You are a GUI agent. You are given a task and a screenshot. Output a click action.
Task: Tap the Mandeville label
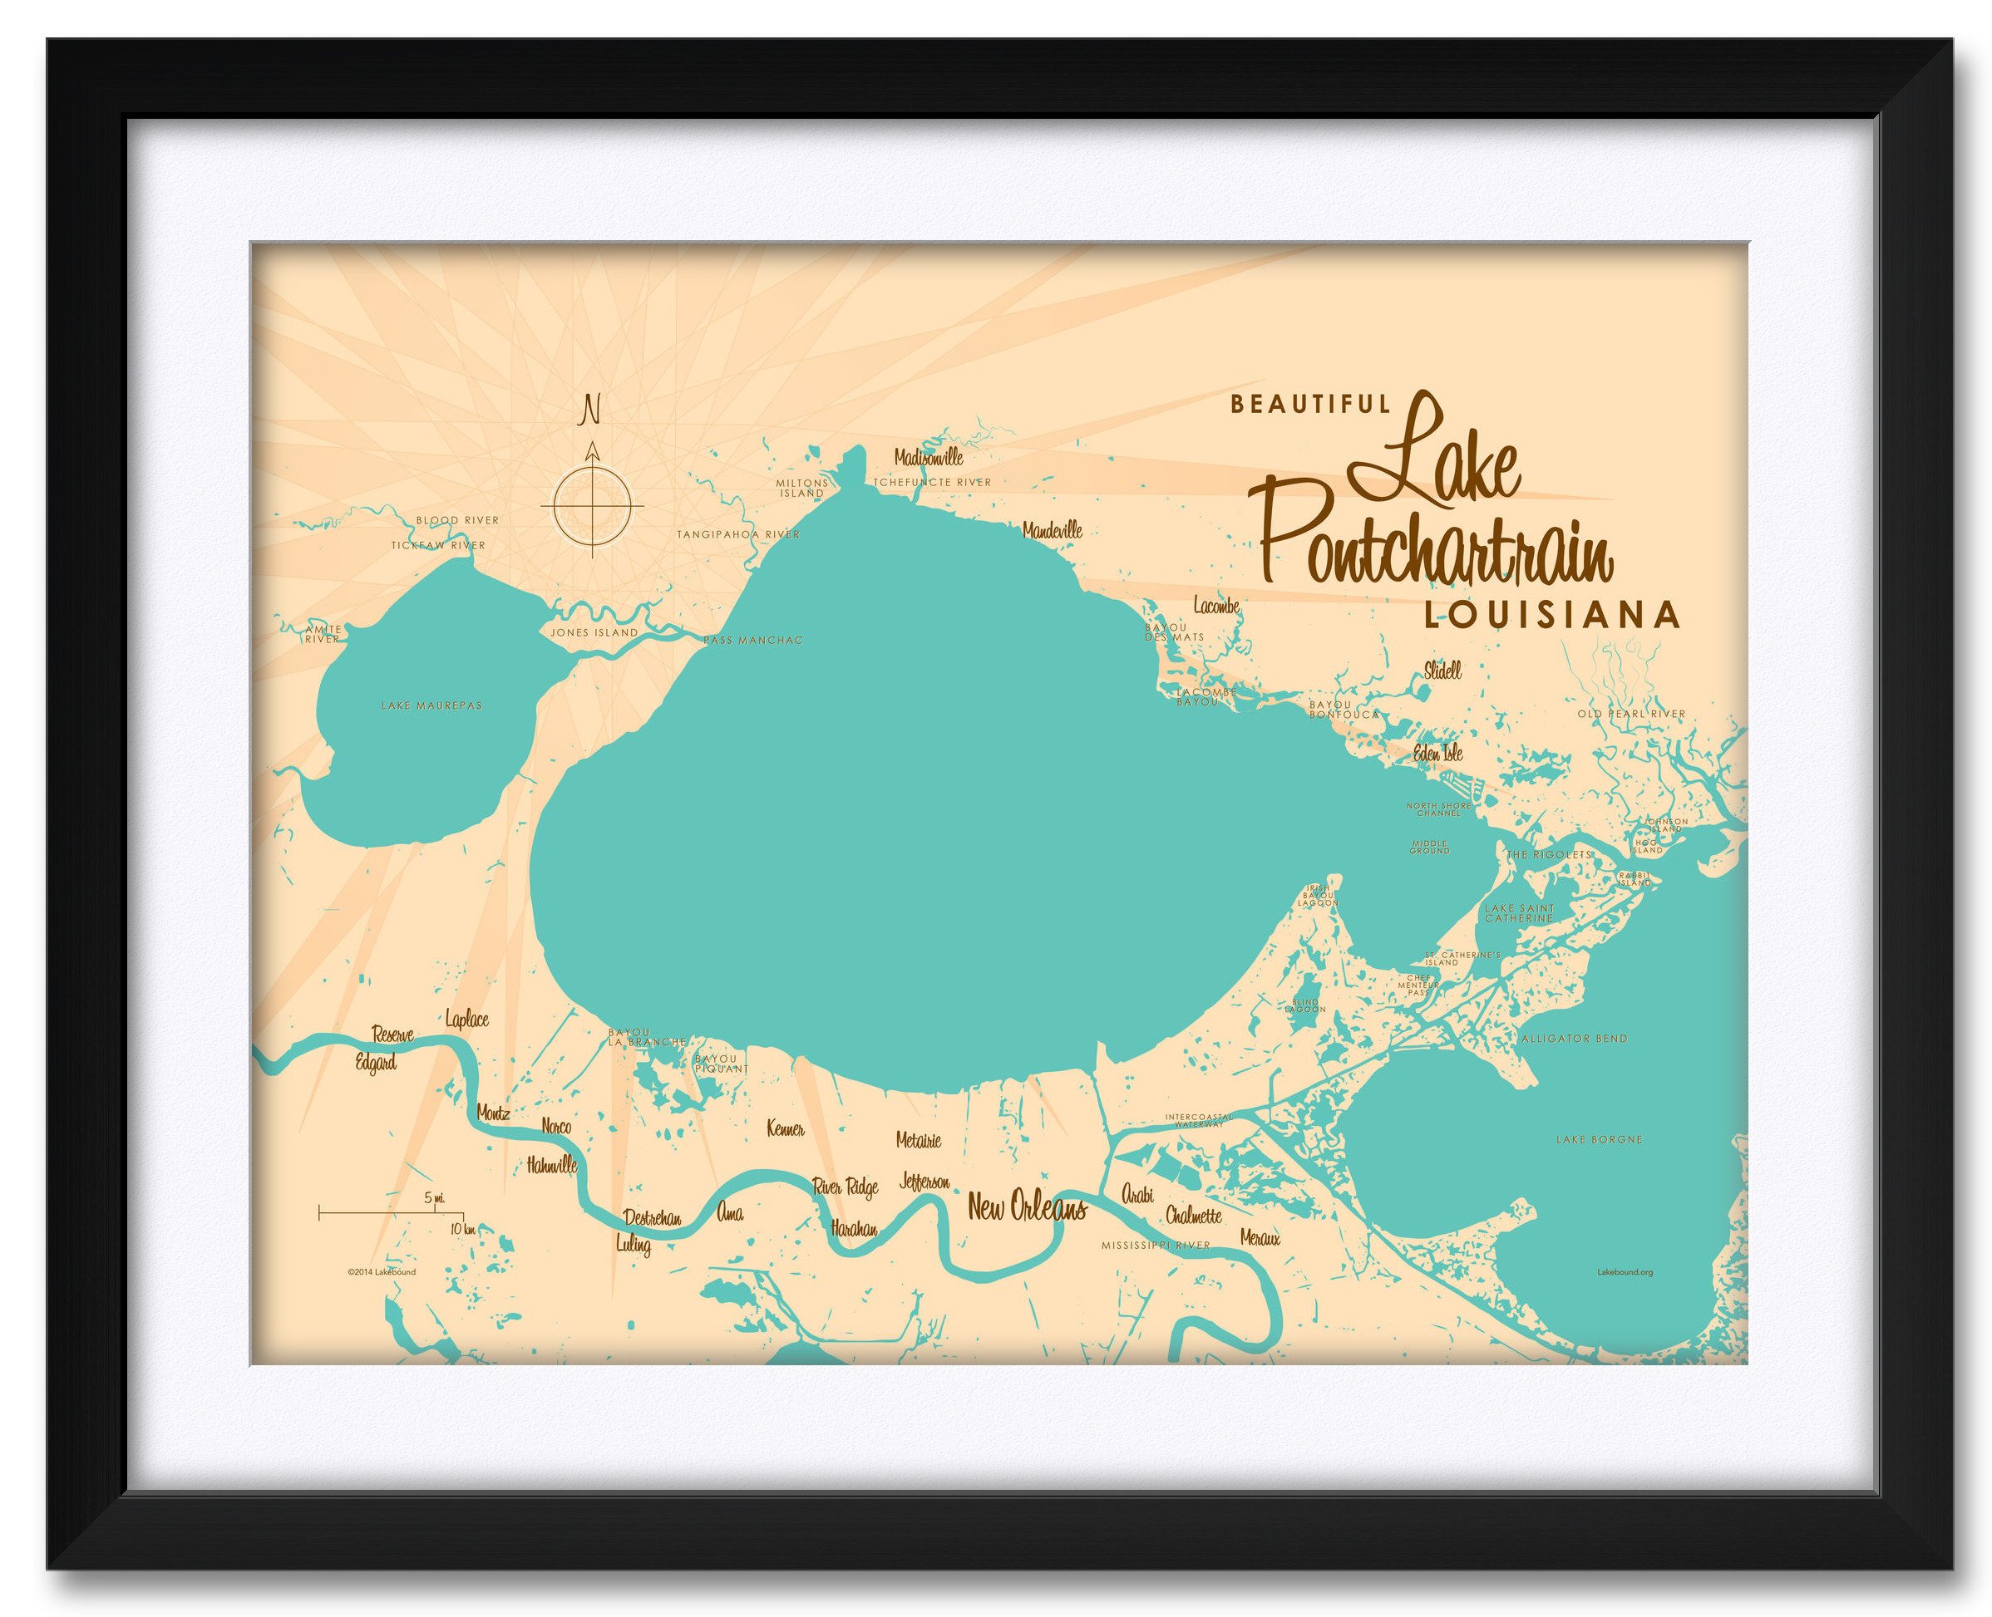(1052, 531)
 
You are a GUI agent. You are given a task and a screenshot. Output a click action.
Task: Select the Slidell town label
(1442, 670)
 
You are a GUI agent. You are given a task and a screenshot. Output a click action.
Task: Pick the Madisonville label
(928, 459)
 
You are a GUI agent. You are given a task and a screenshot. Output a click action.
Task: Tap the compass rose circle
(592, 506)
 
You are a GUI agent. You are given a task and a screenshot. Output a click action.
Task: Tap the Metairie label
(918, 1139)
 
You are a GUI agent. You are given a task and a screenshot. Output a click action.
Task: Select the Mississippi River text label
(1155, 1245)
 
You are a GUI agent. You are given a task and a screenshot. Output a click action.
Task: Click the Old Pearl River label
(1630, 715)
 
